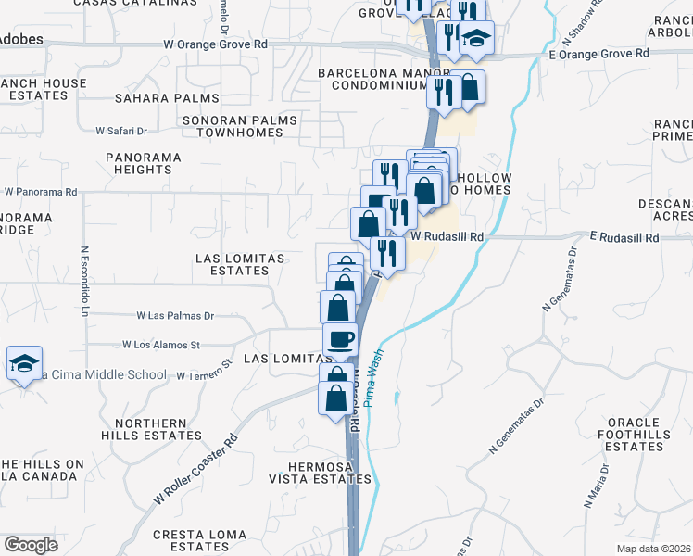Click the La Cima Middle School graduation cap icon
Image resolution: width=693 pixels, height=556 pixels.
pos(24,362)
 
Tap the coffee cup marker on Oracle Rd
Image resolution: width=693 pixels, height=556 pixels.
pos(340,339)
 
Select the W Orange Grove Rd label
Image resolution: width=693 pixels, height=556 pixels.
pos(215,44)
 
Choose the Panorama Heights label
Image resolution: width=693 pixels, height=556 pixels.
pos(143,163)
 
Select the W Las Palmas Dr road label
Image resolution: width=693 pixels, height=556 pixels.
pos(175,316)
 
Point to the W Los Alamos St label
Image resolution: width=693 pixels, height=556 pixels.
pos(168,345)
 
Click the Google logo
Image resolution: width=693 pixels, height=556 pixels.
pos(31,545)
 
